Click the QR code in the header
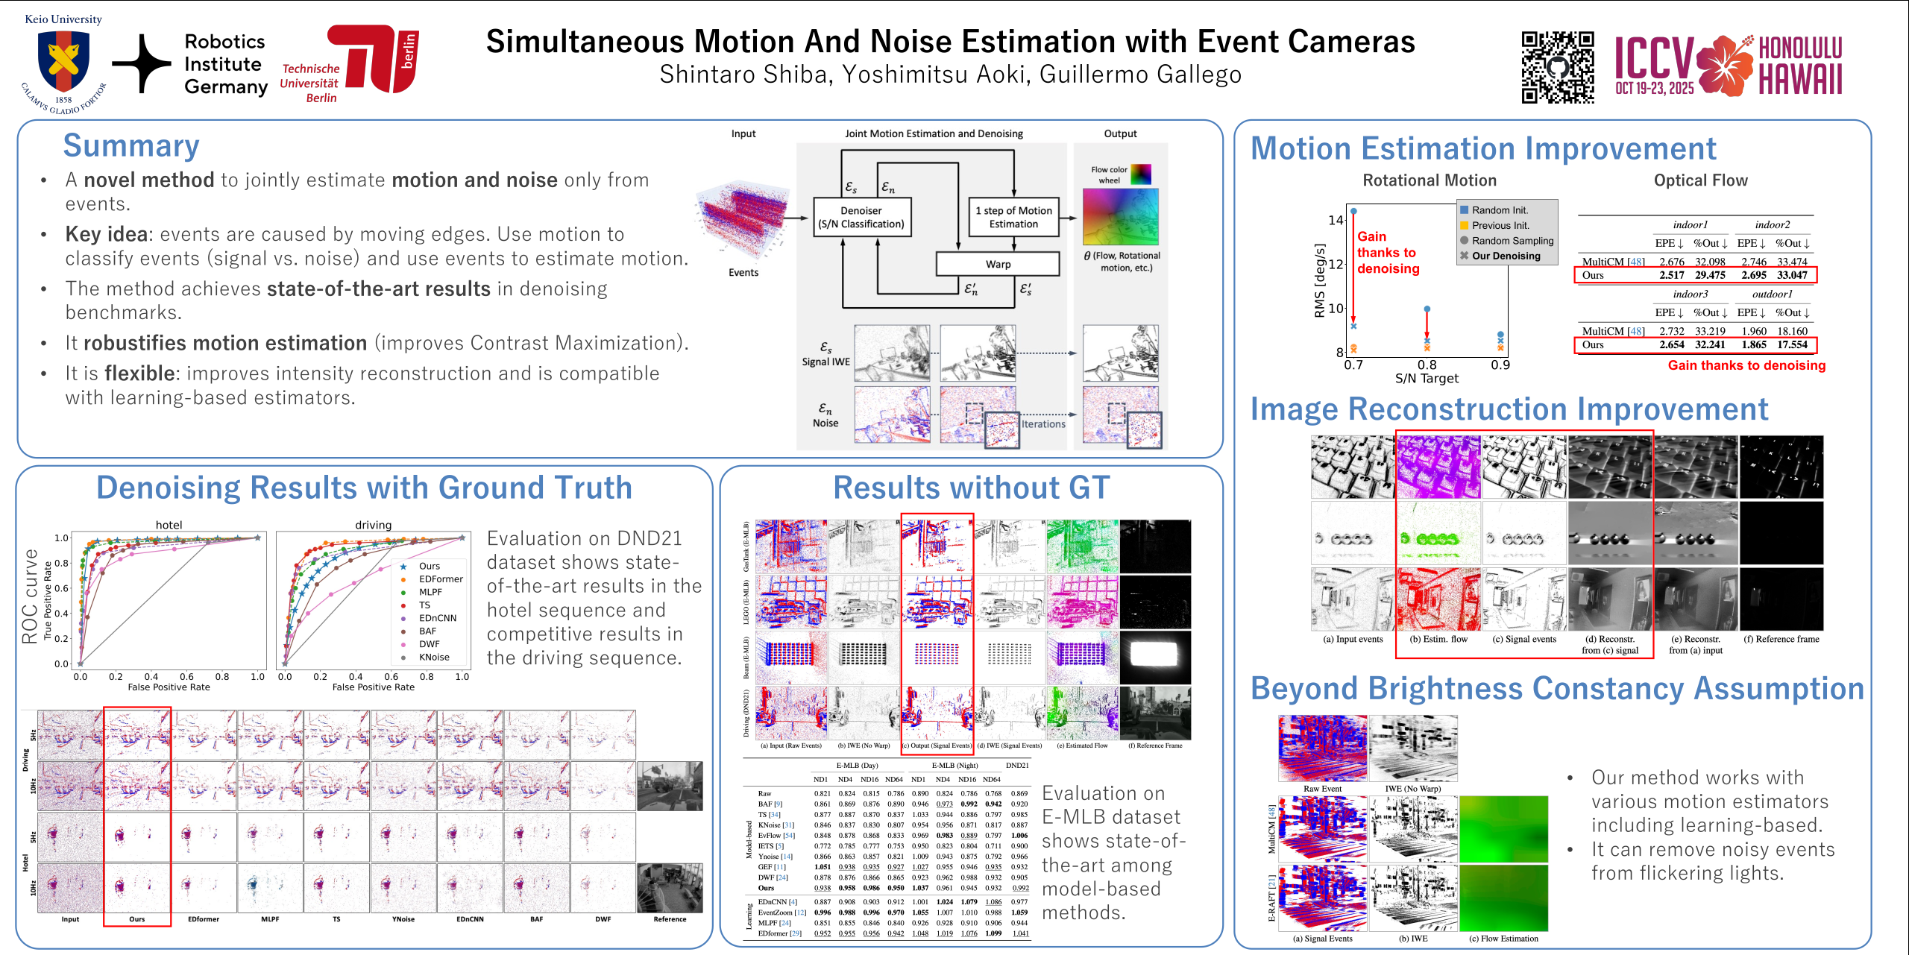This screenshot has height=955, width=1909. (x=1557, y=67)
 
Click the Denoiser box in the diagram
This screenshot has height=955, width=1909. (x=861, y=217)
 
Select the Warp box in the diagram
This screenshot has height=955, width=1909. (x=998, y=264)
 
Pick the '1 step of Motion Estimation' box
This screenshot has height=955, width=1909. (x=1013, y=217)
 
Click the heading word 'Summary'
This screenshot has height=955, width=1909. (x=131, y=145)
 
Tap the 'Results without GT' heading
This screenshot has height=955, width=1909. (x=971, y=488)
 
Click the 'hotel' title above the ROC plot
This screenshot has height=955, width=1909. (x=169, y=525)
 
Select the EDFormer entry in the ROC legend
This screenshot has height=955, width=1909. (x=440, y=579)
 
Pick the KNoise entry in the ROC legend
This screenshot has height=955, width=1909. (x=433, y=658)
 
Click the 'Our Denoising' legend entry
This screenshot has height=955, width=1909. (x=1505, y=256)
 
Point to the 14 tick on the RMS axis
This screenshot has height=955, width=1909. (x=1335, y=220)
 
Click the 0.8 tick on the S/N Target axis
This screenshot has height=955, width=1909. (x=1427, y=365)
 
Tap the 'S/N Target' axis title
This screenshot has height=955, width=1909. (x=1427, y=379)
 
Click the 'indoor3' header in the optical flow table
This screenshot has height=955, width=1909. (x=1690, y=294)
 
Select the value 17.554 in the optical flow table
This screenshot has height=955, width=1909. (x=1792, y=344)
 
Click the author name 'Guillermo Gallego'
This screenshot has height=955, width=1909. (x=1140, y=75)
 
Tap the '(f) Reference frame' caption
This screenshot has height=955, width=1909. (x=1781, y=639)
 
